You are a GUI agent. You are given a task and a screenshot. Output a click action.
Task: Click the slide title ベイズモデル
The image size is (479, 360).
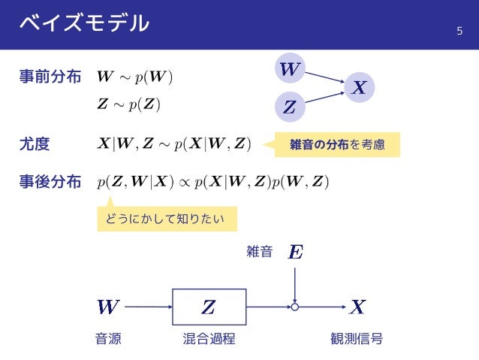coord(84,24)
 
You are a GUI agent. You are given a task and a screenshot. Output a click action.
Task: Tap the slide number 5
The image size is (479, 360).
coord(460,31)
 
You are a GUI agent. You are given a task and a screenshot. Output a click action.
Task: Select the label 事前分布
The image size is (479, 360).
coord(50,77)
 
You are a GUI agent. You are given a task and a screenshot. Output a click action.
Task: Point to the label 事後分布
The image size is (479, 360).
coord(50,181)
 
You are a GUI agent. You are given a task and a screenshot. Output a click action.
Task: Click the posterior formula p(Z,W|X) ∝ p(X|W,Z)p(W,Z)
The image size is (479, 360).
coord(213,182)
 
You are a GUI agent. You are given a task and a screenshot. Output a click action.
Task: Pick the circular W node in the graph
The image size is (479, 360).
coord(289,70)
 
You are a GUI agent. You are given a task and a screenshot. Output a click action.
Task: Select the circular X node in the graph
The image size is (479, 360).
coord(360,88)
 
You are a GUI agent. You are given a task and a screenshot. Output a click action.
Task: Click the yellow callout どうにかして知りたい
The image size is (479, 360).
coord(167,219)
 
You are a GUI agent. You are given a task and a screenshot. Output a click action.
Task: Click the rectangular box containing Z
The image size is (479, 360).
coord(209,307)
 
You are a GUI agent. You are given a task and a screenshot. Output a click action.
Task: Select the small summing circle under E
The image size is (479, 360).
coord(296,307)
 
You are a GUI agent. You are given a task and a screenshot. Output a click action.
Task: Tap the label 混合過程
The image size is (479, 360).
coord(209,339)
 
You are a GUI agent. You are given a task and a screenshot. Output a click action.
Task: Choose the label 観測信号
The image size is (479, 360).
coord(357,339)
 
